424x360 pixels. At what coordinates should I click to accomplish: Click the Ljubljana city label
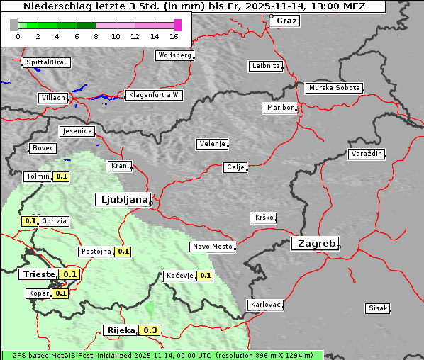[122, 200]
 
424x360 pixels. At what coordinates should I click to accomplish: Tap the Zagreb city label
[314, 243]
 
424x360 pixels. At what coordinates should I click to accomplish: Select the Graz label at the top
[286, 21]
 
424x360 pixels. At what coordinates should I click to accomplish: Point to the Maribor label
[279, 108]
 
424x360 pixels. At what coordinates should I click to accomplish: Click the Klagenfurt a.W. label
[153, 95]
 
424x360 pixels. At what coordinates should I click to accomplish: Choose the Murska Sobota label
[334, 89]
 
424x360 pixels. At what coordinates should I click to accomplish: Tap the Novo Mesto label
[212, 247]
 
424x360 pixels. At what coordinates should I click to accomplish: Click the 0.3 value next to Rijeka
[150, 330]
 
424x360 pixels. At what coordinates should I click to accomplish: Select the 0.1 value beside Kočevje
[206, 276]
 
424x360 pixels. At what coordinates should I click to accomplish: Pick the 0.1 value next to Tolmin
[62, 176]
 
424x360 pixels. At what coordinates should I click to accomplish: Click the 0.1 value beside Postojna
[123, 252]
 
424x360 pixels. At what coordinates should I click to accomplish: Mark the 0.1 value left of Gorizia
[30, 221]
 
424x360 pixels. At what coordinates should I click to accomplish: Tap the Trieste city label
[38, 274]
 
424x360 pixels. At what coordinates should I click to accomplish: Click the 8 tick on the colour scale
[96, 36]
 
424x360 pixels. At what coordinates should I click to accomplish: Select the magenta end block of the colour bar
[177, 25]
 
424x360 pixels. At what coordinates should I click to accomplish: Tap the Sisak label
[376, 308]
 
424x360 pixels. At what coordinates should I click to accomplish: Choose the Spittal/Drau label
[47, 62]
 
